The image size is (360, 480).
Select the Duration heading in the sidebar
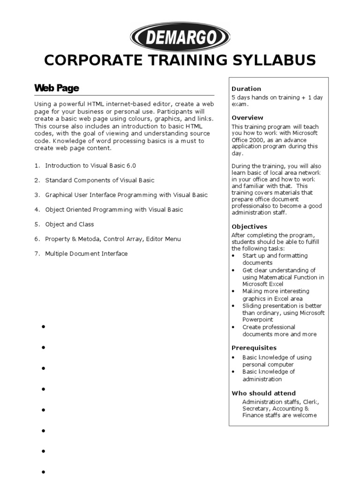(246, 89)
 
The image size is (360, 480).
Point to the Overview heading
(247, 118)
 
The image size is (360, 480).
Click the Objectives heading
(249, 226)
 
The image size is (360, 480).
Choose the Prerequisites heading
(254, 348)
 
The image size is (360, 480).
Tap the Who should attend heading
(263, 393)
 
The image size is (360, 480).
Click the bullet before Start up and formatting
(234, 256)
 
